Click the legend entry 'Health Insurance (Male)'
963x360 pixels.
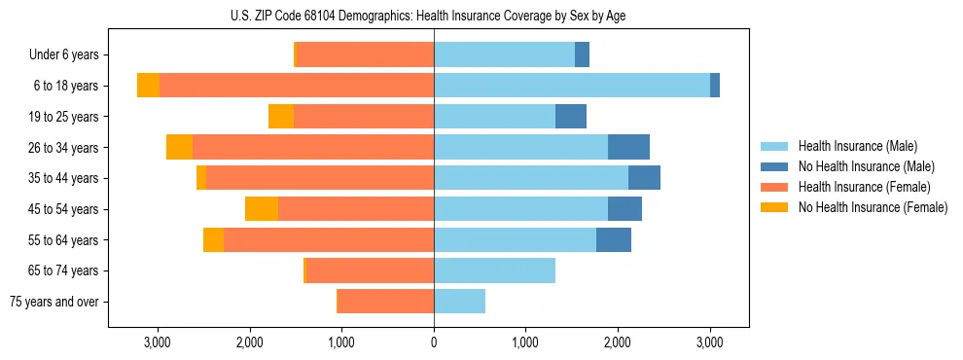tap(857, 146)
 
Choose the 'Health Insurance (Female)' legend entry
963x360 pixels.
tap(864, 187)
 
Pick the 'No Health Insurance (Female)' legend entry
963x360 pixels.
tap(873, 207)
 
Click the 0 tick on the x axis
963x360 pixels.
tap(434, 342)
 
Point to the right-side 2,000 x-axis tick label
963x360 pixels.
tap(618, 342)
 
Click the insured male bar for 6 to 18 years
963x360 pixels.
tap(572, 86)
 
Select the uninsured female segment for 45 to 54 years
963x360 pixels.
tap(262, 209)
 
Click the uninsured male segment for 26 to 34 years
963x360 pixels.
tap(628, 147)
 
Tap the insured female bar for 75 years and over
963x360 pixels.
tap(386, 302)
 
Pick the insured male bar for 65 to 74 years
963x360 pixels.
tap(494, 270)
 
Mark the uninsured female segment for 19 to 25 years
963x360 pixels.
tap(281, 117)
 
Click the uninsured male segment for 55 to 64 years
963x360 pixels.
tap(614, 239)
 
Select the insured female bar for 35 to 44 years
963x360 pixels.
tap(320, 178)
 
